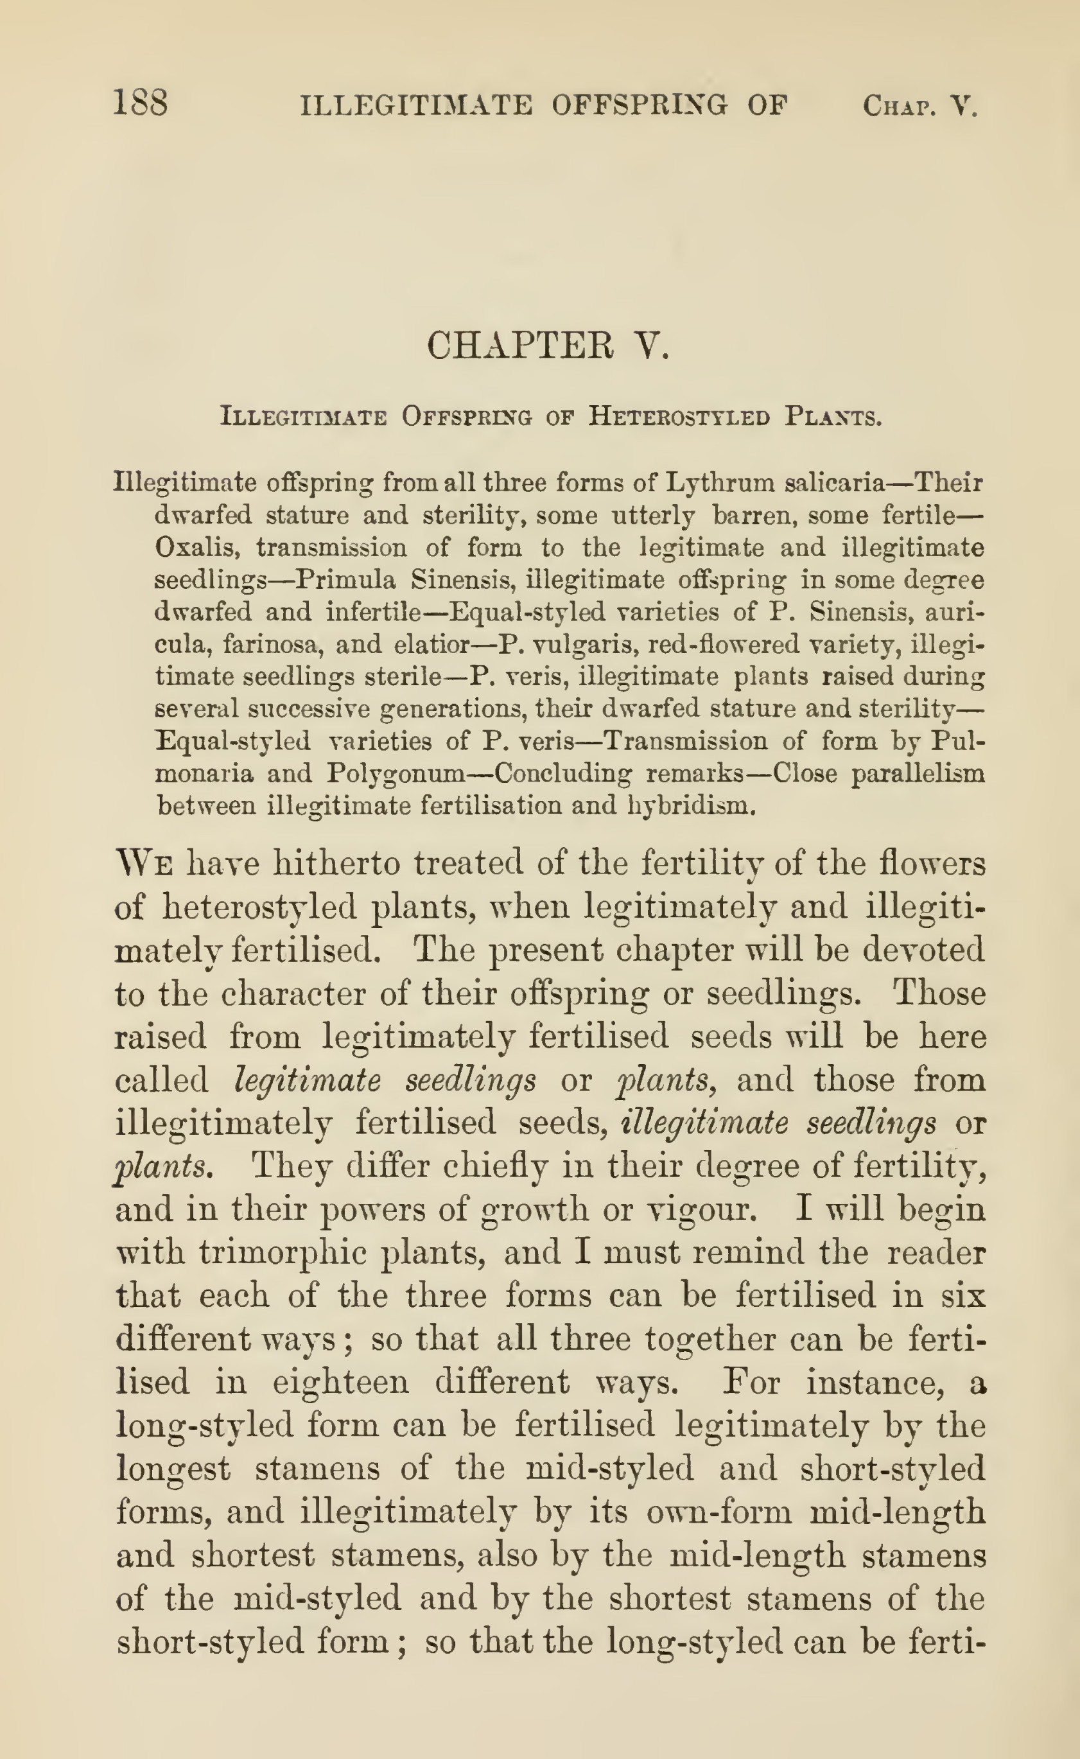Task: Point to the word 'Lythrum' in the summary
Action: pyautogui.click(x=719, y=483)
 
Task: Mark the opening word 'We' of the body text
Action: pyautogui.click(x=144, y=864)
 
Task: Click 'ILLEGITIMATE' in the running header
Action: pyautogui.click(x=415, y=106)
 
